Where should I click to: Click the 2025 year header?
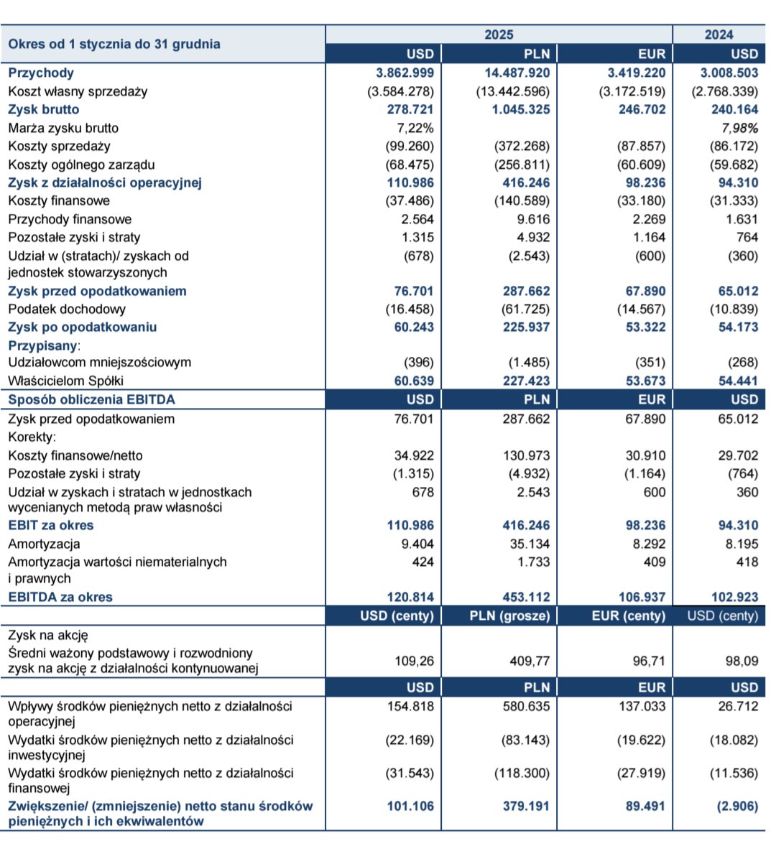(x=499, y=34)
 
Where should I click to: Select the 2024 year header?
(x=719, y=34)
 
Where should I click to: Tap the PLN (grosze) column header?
(x=510, y=616)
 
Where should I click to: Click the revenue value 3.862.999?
(x=405, y=73)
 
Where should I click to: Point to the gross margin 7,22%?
(x=415, y=128)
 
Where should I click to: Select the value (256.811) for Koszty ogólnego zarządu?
(x=522, y=164)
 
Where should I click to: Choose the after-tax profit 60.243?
(x=410, y=327)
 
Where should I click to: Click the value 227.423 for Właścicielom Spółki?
(x=526, y=381)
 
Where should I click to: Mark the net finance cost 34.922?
(x=414, y=455)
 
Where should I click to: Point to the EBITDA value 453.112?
(x=526, y=597)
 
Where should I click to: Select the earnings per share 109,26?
(x=415, y=661)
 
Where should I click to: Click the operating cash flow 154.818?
(x=410, y=706)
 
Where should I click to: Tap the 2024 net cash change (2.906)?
(x=737, y=806)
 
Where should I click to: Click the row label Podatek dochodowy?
(x=67, y=309)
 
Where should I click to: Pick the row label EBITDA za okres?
(x=60, y=597)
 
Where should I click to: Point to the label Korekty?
(x=32, y=437)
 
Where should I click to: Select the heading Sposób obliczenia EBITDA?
(x=91, y=399)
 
